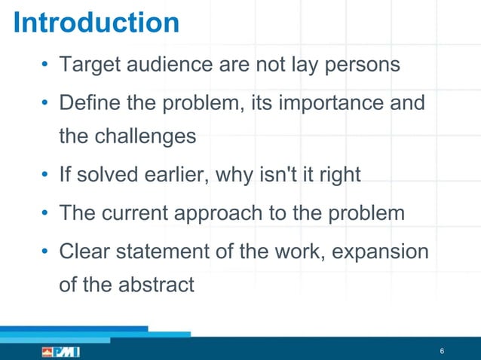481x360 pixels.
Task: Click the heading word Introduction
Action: coord(97,23)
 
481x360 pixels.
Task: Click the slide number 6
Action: coord(442,352)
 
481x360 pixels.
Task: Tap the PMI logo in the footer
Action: coord(60,352)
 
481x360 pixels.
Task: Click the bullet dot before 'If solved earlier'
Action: coord(45,175)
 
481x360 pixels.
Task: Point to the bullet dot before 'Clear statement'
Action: coord(45,250)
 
